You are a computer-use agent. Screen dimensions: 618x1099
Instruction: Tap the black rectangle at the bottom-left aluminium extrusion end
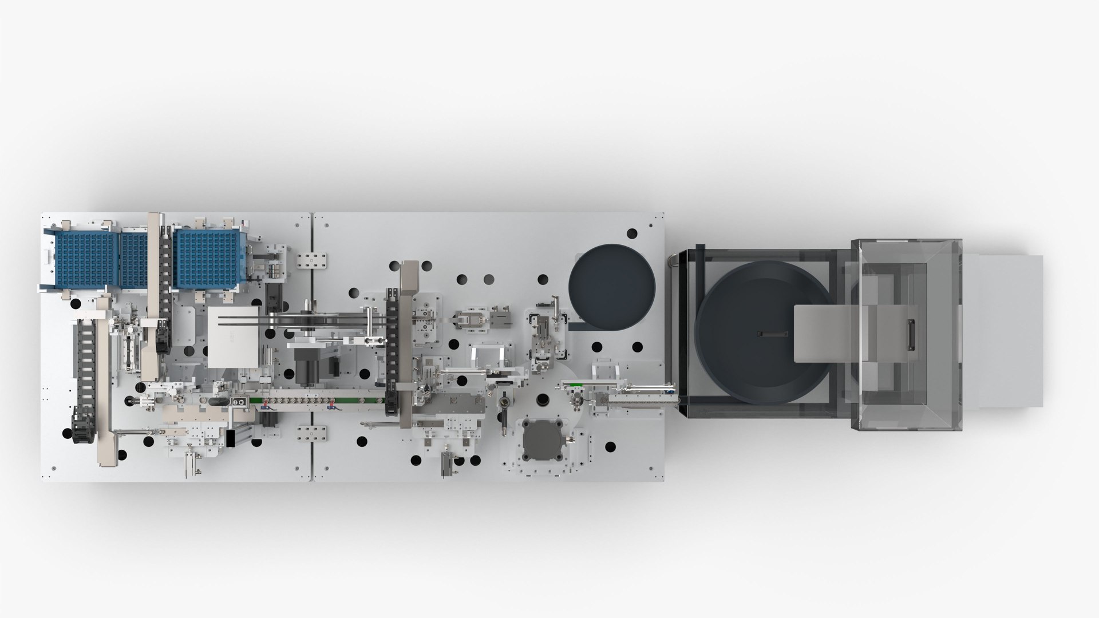tap(231, 438)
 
